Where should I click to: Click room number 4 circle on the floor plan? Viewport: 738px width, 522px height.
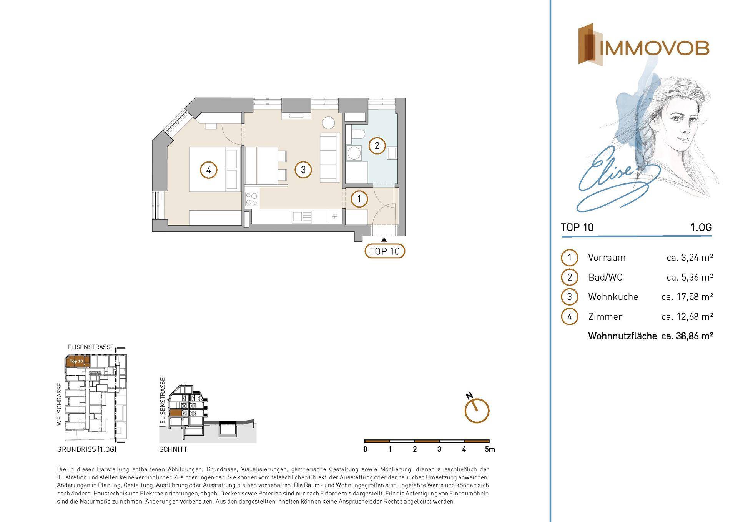point(209,170)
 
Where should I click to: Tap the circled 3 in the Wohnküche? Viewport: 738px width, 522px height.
point(303,170)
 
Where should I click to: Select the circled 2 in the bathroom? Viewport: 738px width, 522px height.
point(377,146)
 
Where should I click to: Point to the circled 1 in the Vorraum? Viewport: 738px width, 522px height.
point(359,199)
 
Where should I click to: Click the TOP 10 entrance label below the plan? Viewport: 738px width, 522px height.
point(385,251)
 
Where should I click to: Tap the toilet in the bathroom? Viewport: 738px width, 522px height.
point(357,135)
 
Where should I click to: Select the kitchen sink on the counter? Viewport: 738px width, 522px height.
point(302,217)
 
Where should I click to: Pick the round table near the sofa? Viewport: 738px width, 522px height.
point(329,123)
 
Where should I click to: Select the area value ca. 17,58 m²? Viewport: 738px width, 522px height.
point(687,297)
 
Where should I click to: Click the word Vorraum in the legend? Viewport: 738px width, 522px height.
point(607,258)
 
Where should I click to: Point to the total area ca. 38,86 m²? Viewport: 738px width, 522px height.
point(687,336)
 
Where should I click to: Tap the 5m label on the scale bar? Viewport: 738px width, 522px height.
point(490,449)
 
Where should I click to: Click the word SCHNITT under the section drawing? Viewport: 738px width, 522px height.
point(173,449)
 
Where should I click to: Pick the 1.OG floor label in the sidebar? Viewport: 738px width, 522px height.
point(701,228)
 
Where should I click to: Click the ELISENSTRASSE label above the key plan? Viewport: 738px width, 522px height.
point(91,347)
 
